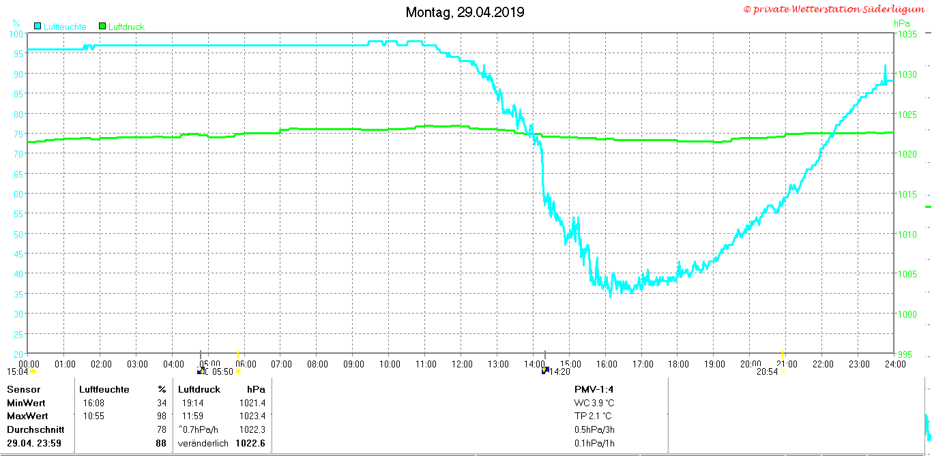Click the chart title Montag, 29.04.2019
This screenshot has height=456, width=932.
coord(465,12)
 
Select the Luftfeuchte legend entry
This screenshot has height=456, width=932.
coord(60,27)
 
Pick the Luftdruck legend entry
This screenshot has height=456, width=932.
coord(121,27)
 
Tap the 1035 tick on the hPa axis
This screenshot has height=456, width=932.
coord(907,34)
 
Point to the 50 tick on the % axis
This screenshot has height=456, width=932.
coord(18,234)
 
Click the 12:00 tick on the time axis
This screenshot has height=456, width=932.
coord(463,364)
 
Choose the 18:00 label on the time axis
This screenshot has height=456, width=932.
coord(679,364)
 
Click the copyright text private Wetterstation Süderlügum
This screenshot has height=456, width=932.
coord(834,9)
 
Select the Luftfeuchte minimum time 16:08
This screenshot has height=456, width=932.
coord(93,403)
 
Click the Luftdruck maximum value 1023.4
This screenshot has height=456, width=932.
coord(252,416)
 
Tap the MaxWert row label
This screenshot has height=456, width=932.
coord(27,416)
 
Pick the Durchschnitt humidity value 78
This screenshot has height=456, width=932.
coord(162,429)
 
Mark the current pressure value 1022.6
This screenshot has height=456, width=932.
coord(250,443)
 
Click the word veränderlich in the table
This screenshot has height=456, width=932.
coord(203,444)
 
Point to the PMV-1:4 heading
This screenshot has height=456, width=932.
coord(594,389)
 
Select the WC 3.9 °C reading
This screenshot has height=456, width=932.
coord(594,403)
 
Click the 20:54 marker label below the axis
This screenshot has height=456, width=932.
coord(767,371)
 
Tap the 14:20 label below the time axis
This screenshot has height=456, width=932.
coord(559,371)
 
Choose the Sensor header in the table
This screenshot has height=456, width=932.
coord(24,389)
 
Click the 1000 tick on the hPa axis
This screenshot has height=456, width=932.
coord(907,314)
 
